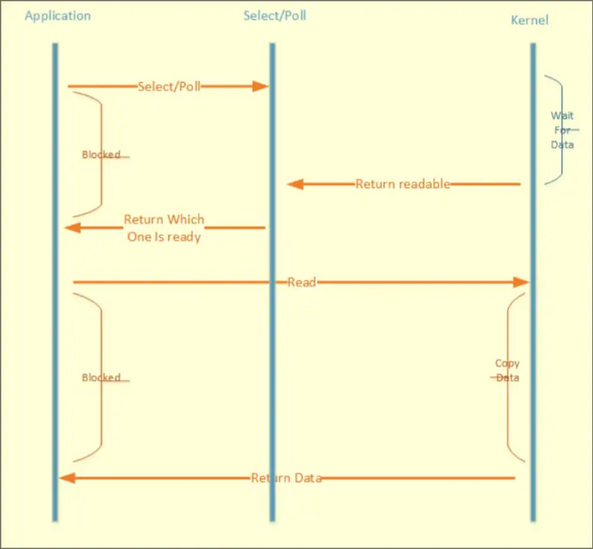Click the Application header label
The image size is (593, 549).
coord(58,15)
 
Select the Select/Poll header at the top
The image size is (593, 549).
coord(274,15)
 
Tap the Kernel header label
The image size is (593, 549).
coord(529,20)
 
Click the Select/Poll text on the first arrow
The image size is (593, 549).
coord(169,86)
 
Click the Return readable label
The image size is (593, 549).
coord(403,184)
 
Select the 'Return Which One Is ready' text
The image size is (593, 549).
coord(164,228)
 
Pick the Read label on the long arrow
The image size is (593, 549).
coord(302,282)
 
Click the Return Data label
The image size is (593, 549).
coord(287,477)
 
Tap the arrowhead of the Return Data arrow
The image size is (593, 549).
coord(67,477)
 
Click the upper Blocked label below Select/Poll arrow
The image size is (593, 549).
coord(101,155)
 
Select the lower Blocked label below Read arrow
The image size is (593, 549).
coord(101,378)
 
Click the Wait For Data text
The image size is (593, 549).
coord(562,130)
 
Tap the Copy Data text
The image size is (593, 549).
coord(507,371)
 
